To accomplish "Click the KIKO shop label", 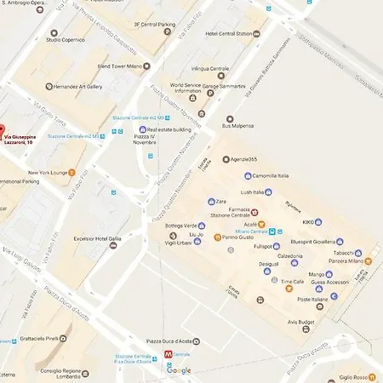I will click(x=308, y=222).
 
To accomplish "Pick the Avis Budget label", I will click(x=302, y=322).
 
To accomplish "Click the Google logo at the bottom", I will click(x=179, y=370).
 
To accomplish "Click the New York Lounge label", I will click(x=47, y=173).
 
